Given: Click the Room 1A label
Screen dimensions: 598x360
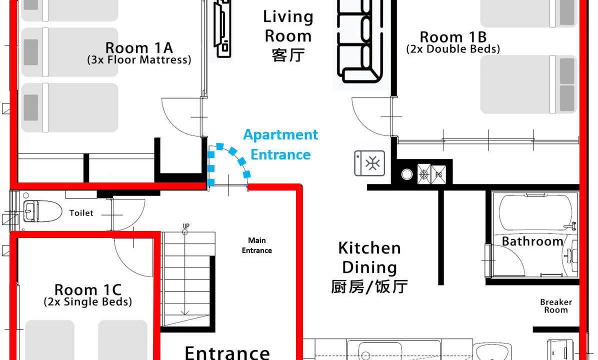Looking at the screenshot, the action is (139, 48).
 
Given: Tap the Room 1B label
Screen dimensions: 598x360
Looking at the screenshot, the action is (453, 37).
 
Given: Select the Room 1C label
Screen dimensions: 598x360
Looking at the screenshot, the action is (87, 290).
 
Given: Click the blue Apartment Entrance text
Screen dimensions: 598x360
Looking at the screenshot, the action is (280, 144).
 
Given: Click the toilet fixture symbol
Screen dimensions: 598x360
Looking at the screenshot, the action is (42, 211).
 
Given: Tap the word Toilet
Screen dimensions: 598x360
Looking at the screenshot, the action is (81, 213).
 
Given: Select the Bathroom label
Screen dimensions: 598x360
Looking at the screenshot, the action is (532, 241).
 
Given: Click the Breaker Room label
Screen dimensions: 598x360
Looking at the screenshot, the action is (556, 306).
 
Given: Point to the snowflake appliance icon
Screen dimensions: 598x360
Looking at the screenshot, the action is (369, 163).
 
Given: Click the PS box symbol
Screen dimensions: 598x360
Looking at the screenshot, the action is (438, 174).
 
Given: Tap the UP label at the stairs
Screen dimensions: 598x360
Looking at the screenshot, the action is (185, 226).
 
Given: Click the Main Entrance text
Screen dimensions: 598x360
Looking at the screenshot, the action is (256, 245).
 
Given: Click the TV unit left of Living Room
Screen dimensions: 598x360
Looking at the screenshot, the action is (222, 28).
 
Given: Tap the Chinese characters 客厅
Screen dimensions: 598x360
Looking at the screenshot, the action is (288, 55).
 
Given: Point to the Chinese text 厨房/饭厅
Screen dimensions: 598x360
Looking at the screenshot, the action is (369, 287).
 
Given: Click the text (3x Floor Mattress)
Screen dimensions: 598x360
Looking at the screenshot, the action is (139, 60).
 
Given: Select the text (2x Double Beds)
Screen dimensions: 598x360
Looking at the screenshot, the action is (453, 49).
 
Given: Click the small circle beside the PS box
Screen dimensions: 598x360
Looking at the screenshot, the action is (407, 174).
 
